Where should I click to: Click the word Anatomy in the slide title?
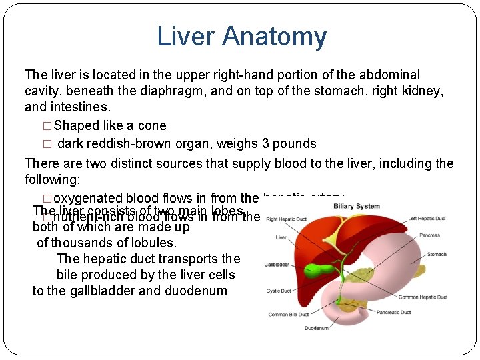tap(283, 37)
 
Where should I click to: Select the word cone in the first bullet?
tap(153, 125)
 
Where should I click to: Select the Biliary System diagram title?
tap(358, 206)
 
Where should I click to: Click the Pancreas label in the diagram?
tap(430, 235)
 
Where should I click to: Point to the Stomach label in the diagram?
tap(437, 254)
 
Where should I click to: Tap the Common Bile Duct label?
tap(287, 315)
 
